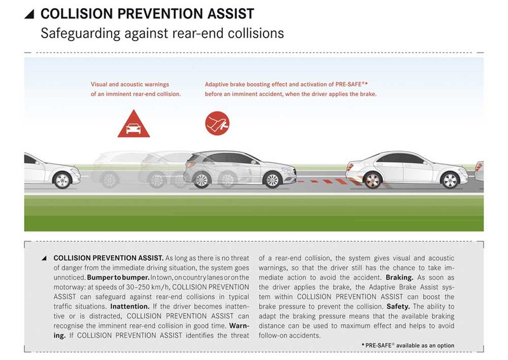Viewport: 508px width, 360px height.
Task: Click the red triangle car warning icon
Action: coord(133,124)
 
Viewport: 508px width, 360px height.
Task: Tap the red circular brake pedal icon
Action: coord(217,123)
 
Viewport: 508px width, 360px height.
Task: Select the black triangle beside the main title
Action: coord(29,14)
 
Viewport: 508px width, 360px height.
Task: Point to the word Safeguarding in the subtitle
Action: coord(81,34)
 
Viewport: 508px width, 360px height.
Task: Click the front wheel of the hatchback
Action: coord(272,179)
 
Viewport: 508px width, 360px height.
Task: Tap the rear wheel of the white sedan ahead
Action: coord(373,180)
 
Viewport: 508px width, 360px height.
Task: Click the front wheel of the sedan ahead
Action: coord(450,180)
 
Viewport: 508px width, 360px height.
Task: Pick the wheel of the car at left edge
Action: coord(62,180)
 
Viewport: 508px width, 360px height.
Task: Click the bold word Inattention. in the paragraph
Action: coord(130,307)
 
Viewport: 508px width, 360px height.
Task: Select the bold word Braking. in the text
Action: coord(399,277)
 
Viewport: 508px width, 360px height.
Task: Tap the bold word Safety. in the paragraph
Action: coord(398,307)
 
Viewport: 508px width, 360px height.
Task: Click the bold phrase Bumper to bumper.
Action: coord(118,277)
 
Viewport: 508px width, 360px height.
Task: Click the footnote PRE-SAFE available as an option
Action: coord(408,345)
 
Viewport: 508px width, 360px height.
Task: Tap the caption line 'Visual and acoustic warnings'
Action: coord(130,84)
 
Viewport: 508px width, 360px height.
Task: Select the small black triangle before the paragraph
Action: coord(44,258)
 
